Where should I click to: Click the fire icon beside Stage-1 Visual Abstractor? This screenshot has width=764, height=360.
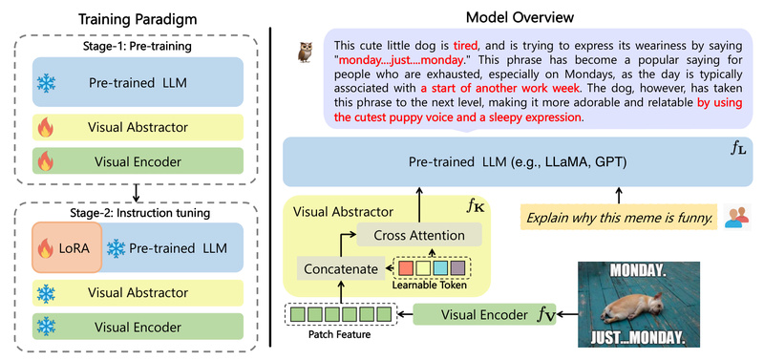43,126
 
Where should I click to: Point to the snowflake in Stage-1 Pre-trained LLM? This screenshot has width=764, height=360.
45,83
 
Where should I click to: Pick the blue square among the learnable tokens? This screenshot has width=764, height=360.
439,268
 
